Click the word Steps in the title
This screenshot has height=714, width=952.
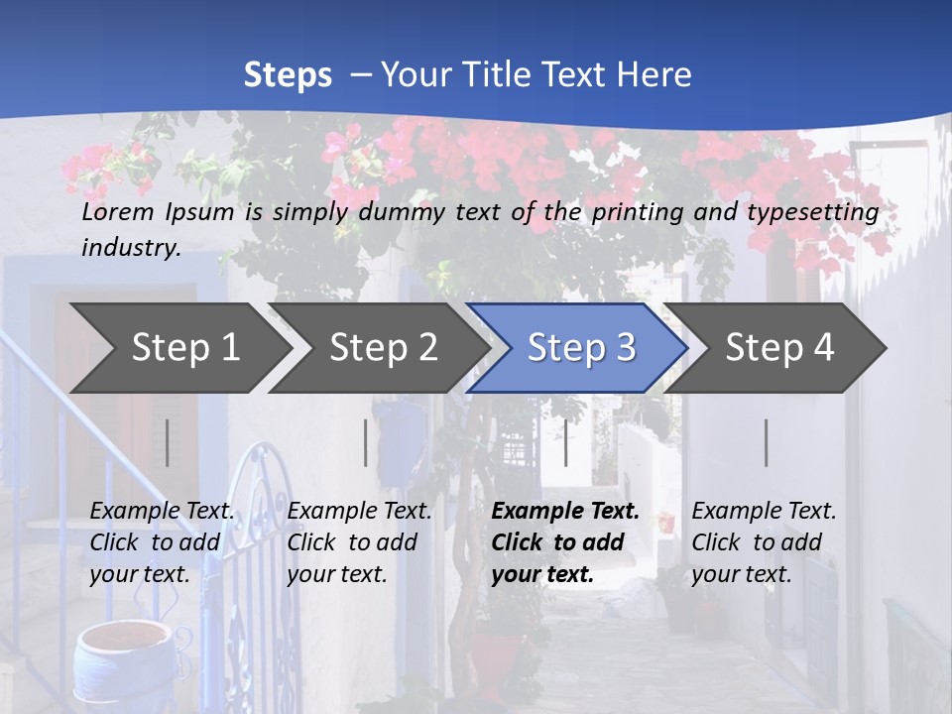pos(288,75)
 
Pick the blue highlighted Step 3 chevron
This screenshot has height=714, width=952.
pos(581,348)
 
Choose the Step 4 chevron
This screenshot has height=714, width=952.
pos(779,348)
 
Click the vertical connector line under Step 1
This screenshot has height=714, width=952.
pos(168,442)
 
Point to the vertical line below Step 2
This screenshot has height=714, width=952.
pos(366,442)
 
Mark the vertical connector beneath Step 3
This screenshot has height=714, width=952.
pos(566,442)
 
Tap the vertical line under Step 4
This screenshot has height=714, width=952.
pos(766,442)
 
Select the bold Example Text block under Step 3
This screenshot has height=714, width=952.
pos(565,542)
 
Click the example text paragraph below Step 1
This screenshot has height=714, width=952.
pos(163,542)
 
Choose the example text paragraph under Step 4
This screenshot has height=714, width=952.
pos(764,542)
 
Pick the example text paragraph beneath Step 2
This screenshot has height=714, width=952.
pos(359,542)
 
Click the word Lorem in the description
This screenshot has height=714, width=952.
pos(118,211)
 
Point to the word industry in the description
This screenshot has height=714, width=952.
pos(130,247)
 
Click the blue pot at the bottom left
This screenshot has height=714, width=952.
pos(111,664)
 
